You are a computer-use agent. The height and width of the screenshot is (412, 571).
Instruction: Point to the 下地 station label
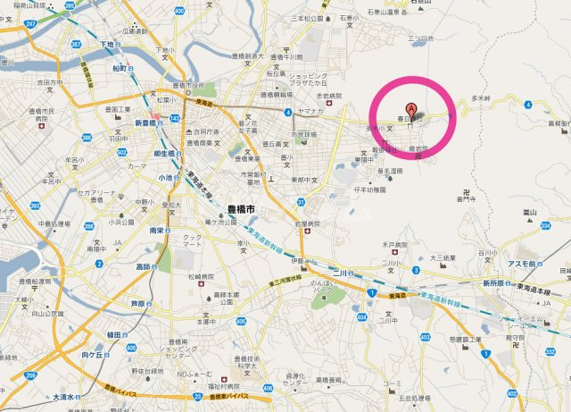108,44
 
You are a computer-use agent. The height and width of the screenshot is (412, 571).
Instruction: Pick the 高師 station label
143,265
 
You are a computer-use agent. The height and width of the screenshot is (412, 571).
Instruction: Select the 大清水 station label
64,396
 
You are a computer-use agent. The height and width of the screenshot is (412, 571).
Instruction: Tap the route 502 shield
120,154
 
